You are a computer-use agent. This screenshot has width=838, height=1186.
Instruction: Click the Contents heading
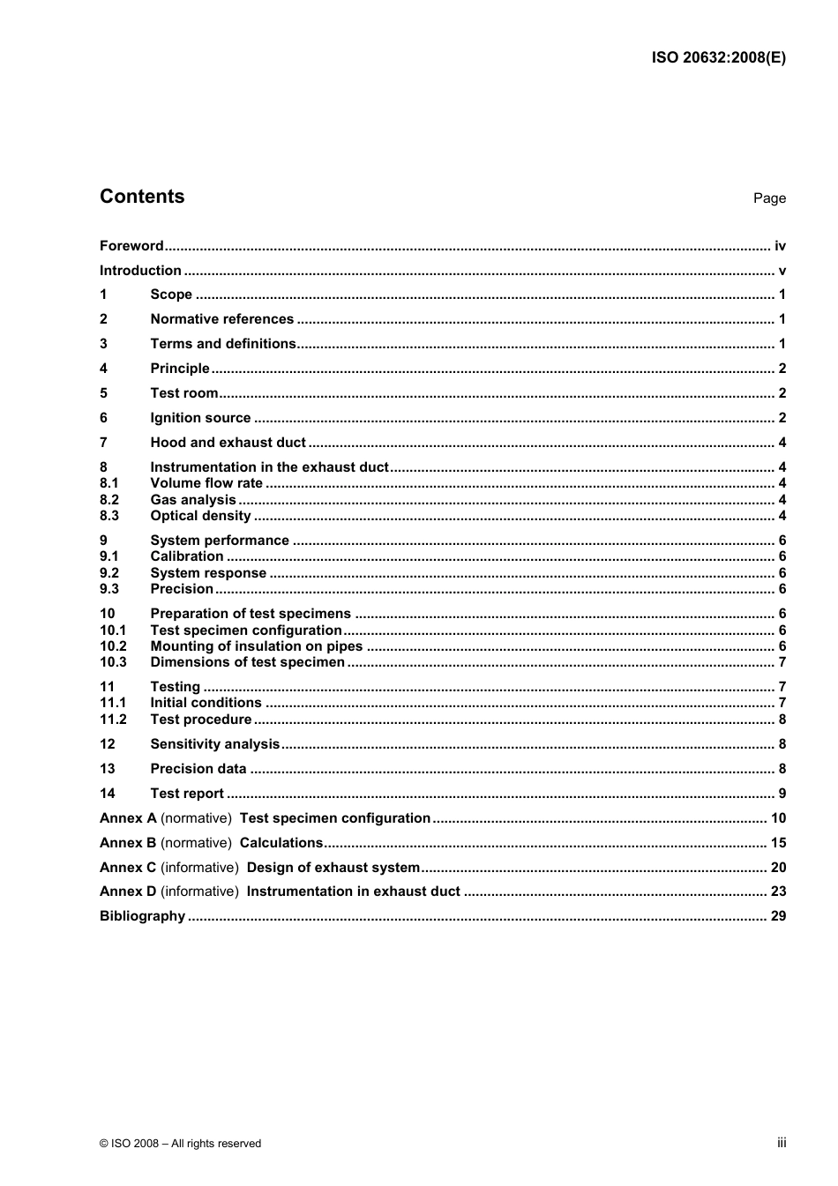pos(142,197)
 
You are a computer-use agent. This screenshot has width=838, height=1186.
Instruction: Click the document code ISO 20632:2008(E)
pos(718,58)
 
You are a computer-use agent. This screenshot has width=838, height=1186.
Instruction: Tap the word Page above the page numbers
pos(769,198)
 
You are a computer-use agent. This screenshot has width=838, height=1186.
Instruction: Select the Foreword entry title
pos(131,246)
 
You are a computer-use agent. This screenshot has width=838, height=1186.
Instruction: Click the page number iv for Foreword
pos(780,246)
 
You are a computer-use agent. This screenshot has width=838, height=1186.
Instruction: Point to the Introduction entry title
pos(140,271)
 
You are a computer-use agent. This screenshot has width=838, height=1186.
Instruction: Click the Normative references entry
pos(221,319)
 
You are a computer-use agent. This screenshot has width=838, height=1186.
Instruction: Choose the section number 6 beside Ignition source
pos(103,418)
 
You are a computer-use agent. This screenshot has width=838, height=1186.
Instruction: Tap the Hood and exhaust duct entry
pos(228,443)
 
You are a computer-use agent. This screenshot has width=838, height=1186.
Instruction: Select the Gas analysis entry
pos(193,500)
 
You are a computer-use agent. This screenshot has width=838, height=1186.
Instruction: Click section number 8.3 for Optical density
pos(109,516)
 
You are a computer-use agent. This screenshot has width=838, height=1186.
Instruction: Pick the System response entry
pos(208,573)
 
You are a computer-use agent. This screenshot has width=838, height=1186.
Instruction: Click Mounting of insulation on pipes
pos(256,646)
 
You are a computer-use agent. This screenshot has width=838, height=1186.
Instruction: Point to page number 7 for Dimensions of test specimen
pos(782,662)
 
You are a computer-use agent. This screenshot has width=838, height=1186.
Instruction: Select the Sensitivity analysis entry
pos(214,744)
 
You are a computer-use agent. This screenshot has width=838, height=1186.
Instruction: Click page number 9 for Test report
pos(782,794)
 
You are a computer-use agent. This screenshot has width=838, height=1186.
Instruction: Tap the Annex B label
pos(128,843)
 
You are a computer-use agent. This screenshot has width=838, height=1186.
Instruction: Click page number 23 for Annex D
pos(778,891)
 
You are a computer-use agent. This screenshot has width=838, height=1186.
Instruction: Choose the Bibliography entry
pos(142,916)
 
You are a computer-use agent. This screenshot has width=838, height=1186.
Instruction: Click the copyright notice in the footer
pos(180,1144)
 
